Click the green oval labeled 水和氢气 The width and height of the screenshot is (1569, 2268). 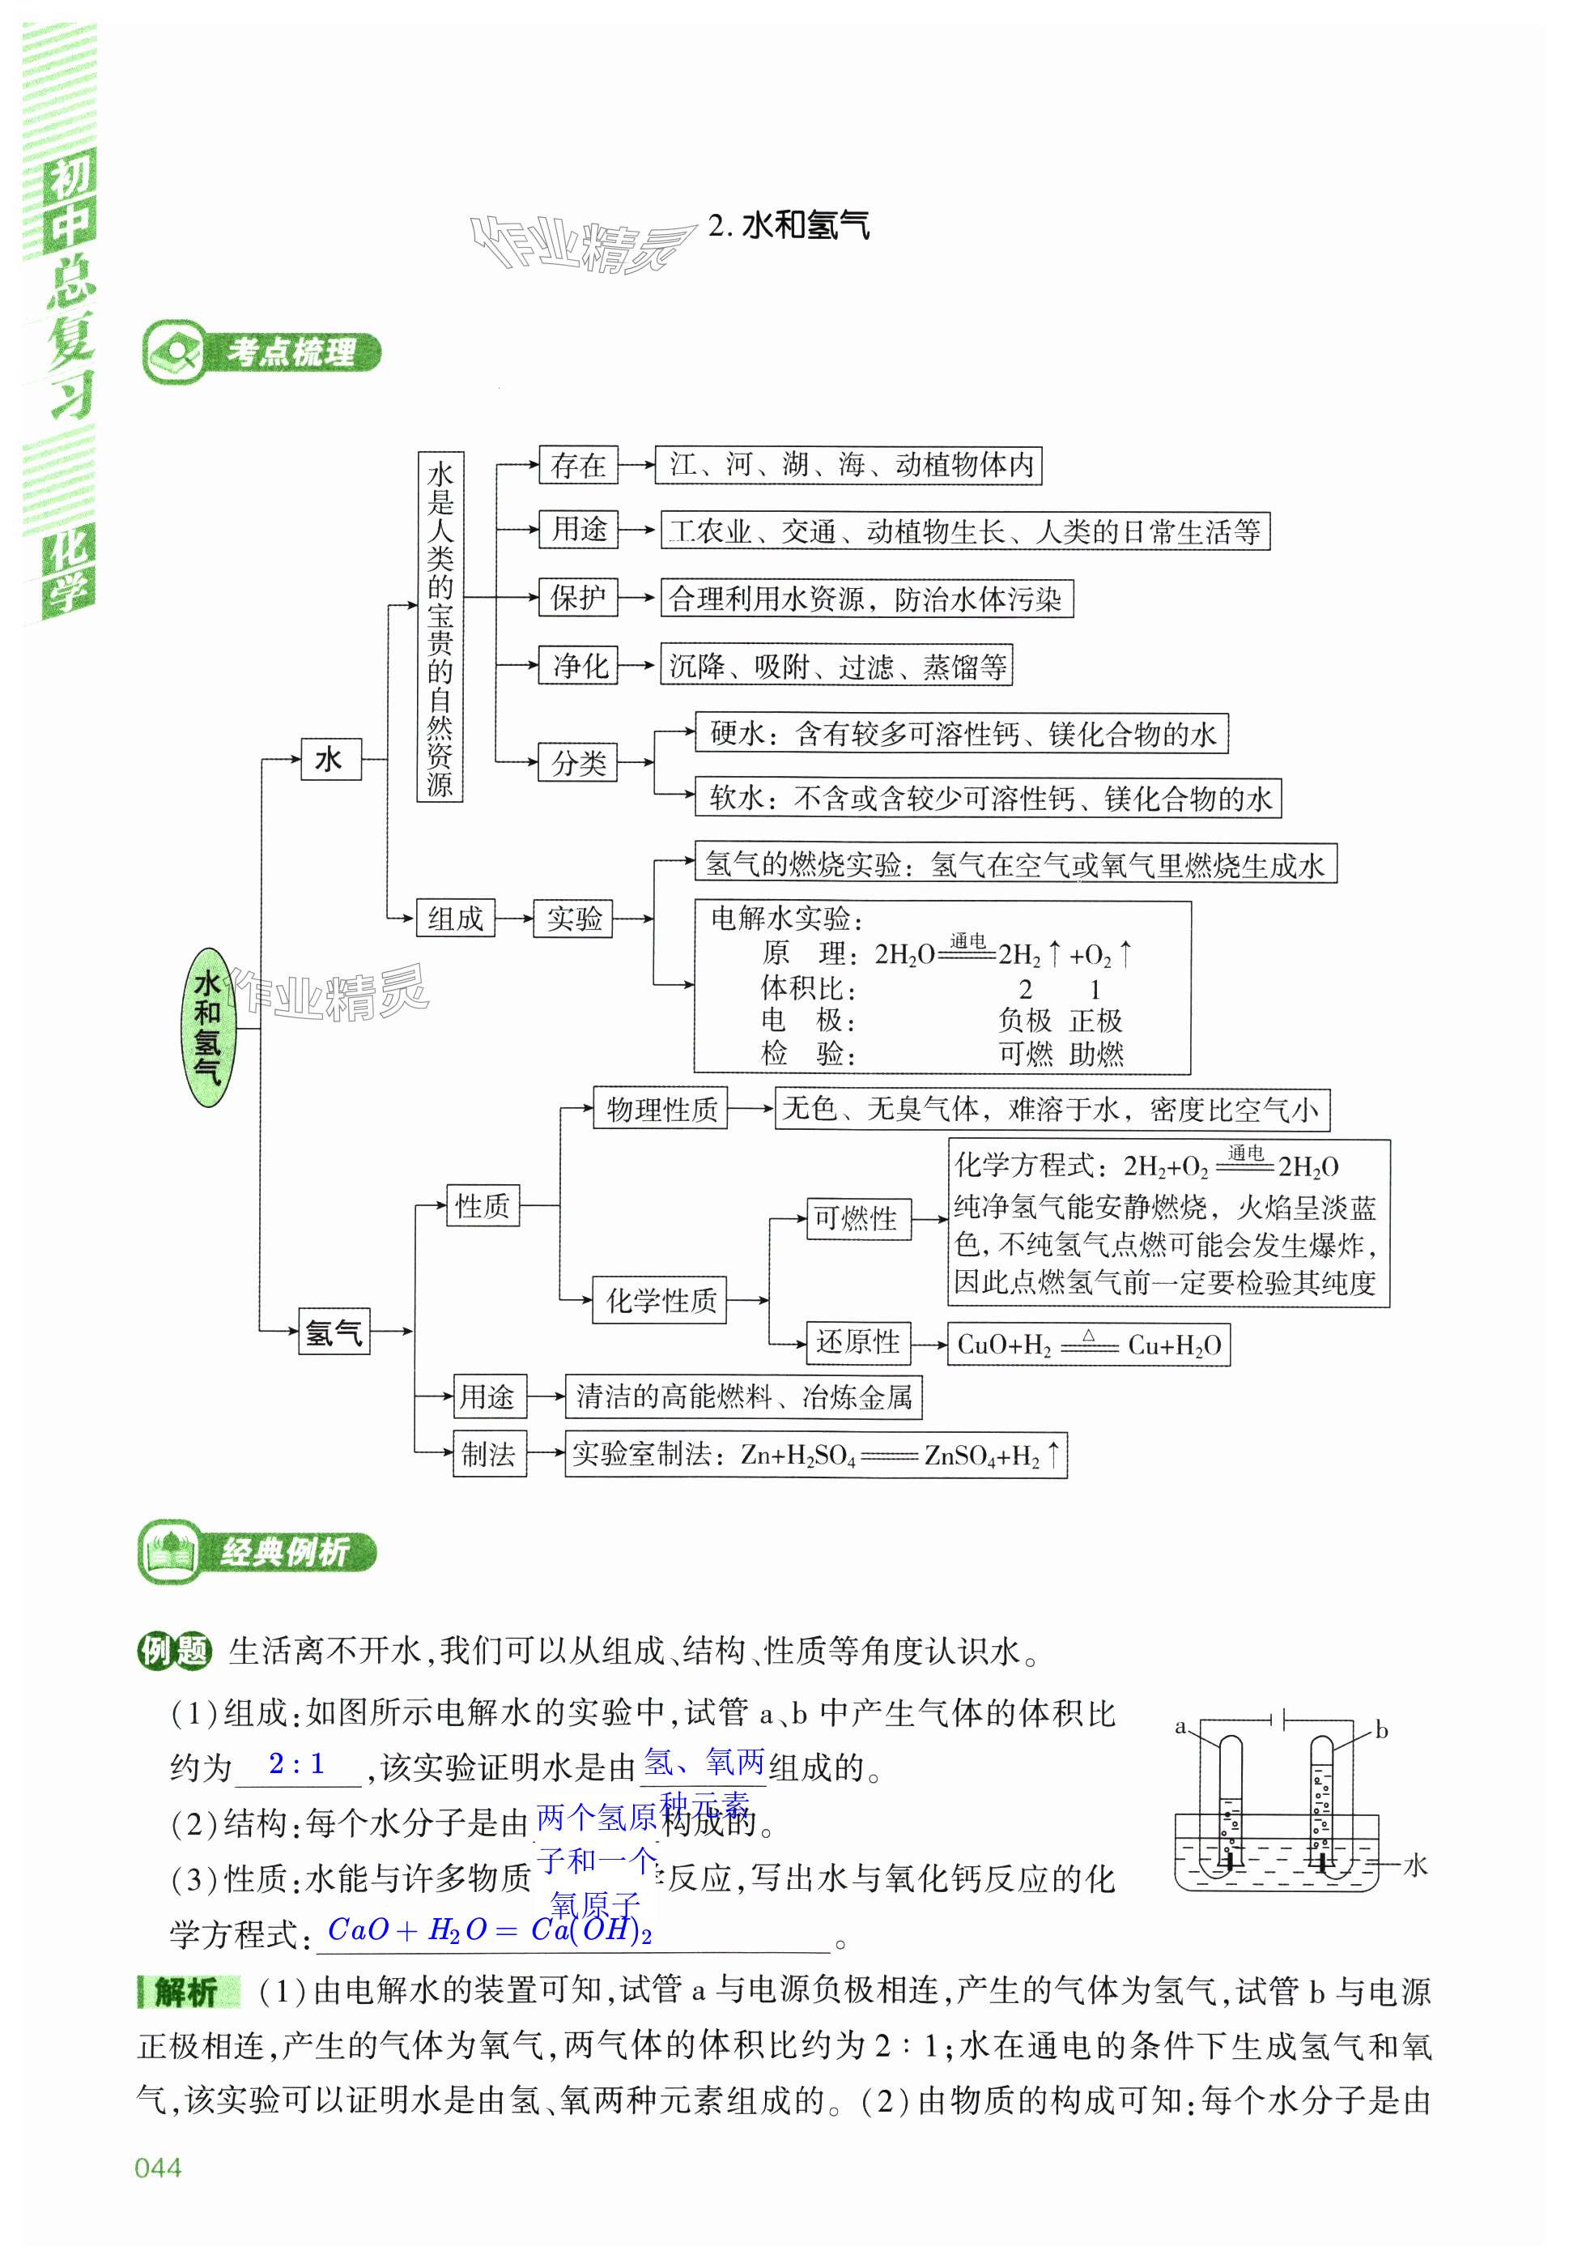(207, 1028)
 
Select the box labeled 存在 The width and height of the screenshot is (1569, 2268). (577, 465)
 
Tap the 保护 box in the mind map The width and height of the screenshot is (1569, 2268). (577, 597)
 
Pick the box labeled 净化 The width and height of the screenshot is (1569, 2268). (578, 665)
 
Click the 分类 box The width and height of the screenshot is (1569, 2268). (577, 762)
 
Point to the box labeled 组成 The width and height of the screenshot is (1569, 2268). (454, 919)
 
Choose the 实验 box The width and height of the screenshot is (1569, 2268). (573, 919)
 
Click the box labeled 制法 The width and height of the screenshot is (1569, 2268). (489, 1454)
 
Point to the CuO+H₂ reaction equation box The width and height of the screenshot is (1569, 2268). (1088, 1345)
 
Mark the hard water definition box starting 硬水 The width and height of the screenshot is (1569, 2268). (962, 734)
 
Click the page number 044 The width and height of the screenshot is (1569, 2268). (159, 2167)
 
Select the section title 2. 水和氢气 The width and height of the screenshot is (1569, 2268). (789, 226)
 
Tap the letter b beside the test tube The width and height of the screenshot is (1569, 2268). (1381, 1730)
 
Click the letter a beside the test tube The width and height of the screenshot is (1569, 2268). (1180, 1726)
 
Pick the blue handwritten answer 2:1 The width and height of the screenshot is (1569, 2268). (297, 1763)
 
